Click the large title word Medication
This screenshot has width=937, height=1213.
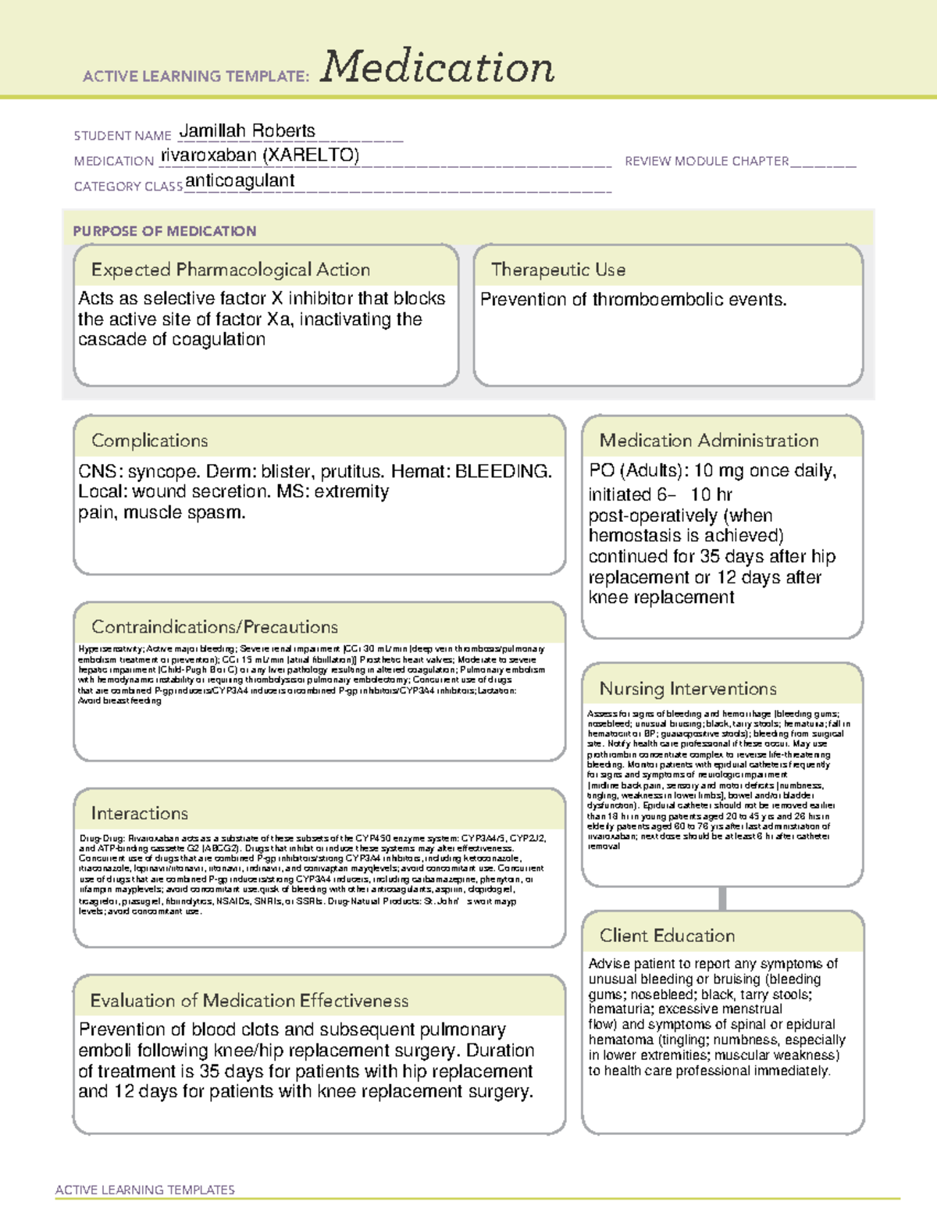437,67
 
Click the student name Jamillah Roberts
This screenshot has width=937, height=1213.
248,131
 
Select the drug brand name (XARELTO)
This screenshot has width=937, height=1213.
311,155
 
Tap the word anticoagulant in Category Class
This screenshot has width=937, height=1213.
240,181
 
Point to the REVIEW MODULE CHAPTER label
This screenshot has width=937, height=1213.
707,161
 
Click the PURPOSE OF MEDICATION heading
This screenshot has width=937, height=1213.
164,231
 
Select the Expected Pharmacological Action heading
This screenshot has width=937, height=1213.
230,270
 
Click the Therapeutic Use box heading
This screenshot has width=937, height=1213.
558,270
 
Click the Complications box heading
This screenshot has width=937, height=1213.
150,441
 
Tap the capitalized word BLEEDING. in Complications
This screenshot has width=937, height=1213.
504,472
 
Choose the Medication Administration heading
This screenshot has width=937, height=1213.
709,441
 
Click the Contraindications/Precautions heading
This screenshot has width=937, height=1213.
215,627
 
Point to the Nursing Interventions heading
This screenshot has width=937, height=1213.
688,689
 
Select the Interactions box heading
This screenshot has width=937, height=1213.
140,814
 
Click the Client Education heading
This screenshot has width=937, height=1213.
667,936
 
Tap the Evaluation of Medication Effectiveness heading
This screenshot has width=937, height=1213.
249,1001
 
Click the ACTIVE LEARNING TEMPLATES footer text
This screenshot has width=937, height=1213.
144,1190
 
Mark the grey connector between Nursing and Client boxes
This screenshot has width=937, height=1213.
722,899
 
